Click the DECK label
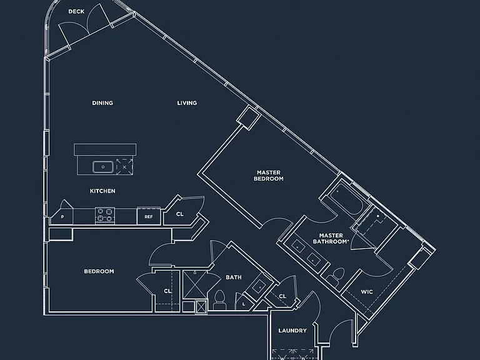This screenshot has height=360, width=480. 76,12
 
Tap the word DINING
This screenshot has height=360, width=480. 102,103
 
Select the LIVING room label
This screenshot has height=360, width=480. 187,103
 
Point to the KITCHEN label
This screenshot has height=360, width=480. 102,191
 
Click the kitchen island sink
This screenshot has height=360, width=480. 103,167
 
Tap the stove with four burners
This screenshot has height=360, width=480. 105,215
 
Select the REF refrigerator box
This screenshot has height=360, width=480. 149,216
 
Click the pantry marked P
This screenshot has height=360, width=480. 62,215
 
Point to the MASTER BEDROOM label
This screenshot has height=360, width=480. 269,176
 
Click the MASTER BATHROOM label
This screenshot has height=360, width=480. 331,239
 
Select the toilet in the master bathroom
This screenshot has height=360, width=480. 336,276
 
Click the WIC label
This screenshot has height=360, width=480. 367,292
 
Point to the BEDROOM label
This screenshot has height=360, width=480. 99,271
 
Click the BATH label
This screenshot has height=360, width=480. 234,277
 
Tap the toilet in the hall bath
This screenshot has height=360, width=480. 219,300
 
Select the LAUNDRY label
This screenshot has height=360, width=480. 292,331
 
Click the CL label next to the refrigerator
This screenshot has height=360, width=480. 180,214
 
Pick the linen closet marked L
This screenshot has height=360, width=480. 244,303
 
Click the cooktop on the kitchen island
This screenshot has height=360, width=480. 124,167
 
